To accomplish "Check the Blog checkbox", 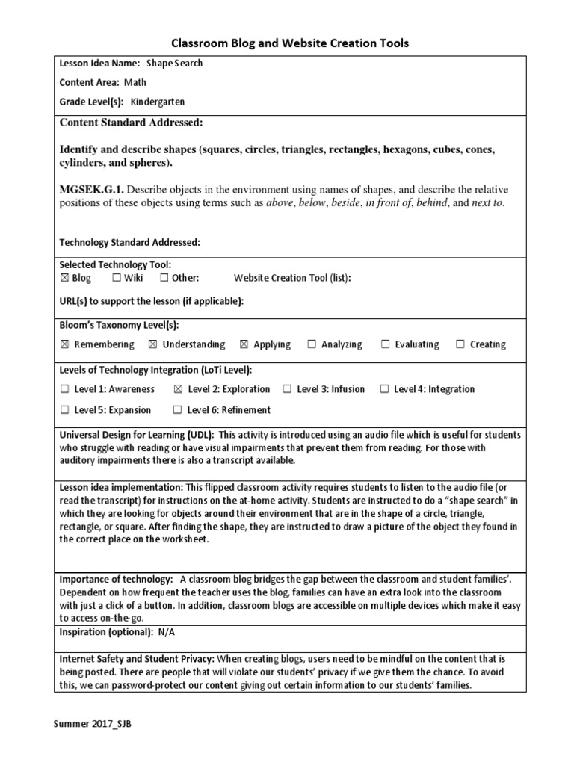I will click(64, 278).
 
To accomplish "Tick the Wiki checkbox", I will click(117, 278).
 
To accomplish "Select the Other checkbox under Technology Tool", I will click(164, 278).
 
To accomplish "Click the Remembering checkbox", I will click(64, 344).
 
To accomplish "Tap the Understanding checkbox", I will click(152, 344).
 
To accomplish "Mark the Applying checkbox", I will click(244, 344).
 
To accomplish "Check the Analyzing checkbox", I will click(312, 344).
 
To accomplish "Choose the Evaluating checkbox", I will click(386, 344).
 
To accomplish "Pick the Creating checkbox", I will click(460, 344).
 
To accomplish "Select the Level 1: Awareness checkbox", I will click(64, 389).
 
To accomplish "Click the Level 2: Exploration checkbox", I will click(178, 389).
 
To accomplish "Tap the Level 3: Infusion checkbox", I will click(287, 389).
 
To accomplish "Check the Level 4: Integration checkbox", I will click(384, 389).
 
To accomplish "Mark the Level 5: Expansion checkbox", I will click(64, 410).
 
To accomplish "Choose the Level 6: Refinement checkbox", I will click(177, 410).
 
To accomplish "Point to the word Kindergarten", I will click(158, 102).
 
